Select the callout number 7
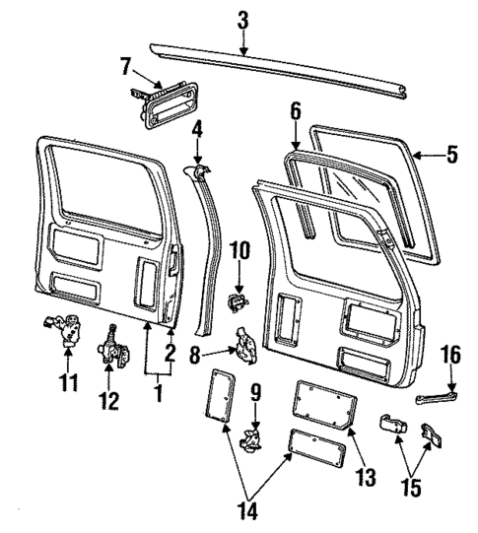(x=125, y=67)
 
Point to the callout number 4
(x=197, y=128)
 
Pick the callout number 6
(x=295, y=114)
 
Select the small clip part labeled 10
(x=237, y=299)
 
